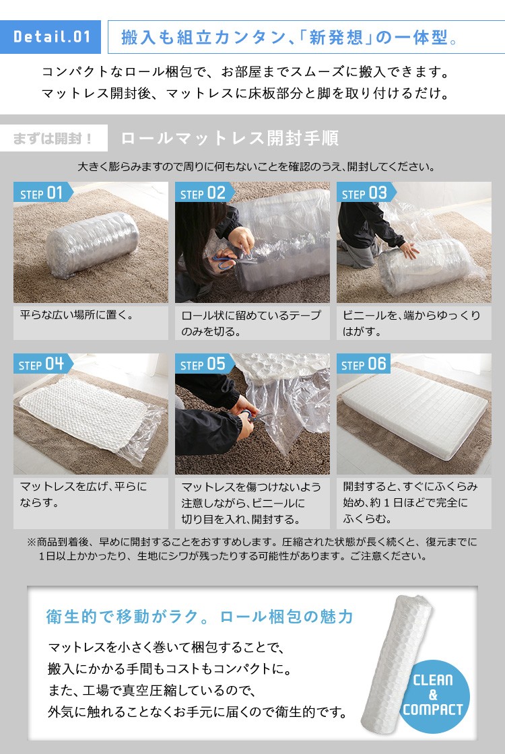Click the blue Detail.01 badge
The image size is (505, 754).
(50, 36)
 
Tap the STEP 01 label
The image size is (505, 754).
(42, 193)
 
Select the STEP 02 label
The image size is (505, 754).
(203, 193)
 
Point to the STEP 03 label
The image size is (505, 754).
(365, 193)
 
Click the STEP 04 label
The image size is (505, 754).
(42, 364)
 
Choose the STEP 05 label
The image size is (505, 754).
(203, 364)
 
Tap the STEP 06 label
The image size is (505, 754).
(364, 364)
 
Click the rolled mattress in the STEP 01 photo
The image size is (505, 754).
(93, 244)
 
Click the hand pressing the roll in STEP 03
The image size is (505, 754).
(410, 250)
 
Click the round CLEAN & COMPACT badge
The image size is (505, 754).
(434, 696)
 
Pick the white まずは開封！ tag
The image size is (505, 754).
(54, 139)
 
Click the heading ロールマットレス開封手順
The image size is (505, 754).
(230, 139)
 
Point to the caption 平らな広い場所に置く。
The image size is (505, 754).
(77, 315)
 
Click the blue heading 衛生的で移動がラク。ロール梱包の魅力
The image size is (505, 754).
(199, 617)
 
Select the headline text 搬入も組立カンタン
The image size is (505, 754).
(203, 37)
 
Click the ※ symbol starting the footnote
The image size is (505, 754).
(31, 543)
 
